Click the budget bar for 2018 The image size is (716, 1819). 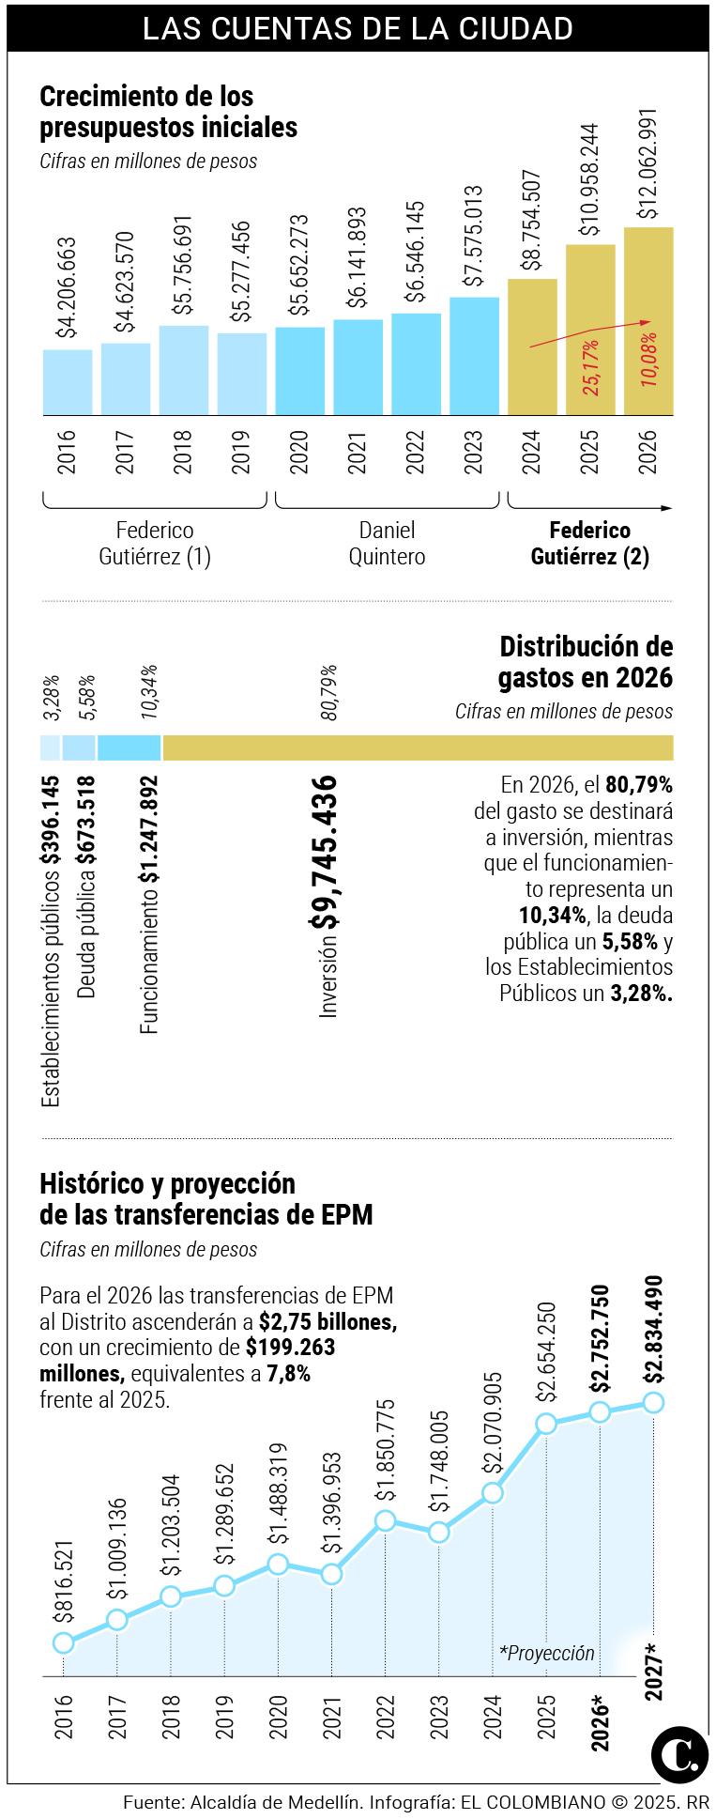point(184,370)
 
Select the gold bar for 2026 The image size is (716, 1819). point(648,320)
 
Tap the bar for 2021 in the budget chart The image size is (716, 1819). point(358,367)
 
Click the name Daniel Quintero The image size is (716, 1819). point(387,543)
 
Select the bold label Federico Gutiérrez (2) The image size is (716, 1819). point(589,543)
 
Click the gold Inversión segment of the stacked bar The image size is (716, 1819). point(418,748)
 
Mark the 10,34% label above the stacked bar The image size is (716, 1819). point(149,692)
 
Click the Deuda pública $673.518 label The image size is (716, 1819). point(86,886)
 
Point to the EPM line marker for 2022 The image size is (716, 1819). point(385,1520)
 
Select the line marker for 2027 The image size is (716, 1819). point(654,1402)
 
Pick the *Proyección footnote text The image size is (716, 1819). point(547,1653)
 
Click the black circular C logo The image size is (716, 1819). point(679,1751)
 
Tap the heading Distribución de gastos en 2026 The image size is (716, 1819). point(586,661)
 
